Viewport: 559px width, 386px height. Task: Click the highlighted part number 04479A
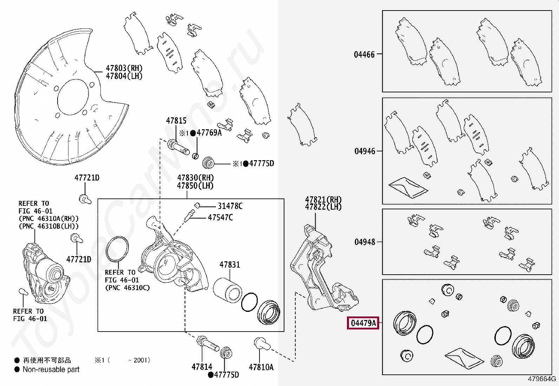363,323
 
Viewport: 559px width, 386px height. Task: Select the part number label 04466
364,54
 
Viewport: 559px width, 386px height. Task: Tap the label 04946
364,151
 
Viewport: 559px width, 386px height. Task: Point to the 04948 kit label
364,242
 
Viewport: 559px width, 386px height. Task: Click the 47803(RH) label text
124,68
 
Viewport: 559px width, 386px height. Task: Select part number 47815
176,121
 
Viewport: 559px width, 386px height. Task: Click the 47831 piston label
230,265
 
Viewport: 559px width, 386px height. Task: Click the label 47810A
261,367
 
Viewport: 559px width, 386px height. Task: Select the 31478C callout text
230,206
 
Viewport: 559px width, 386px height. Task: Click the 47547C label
220,218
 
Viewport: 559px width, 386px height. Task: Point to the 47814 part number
202,367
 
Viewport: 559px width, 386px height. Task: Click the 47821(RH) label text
323,199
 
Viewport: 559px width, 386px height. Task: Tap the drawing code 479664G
542,379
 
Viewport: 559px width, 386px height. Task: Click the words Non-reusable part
51,369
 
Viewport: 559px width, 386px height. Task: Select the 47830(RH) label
195,178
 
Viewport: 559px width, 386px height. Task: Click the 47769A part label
209,133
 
